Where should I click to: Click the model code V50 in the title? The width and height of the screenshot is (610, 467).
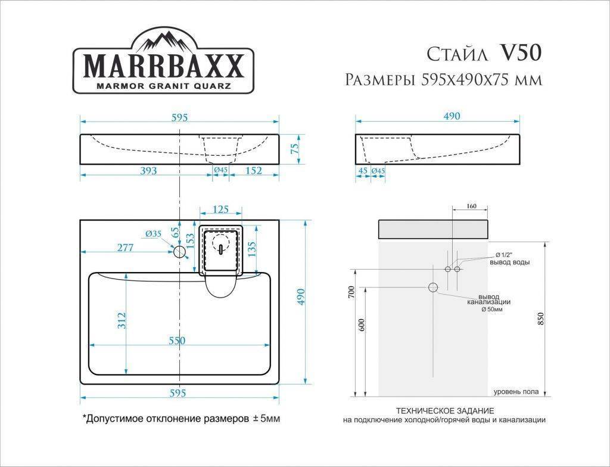pyautogui.click(x=521, y=54)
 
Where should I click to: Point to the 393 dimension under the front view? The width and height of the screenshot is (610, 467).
pyautogui.click(x=148, y=171)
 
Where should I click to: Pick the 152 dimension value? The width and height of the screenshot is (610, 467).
pyautogui.click(x=253, y=171)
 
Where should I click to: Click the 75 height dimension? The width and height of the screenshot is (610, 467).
pyautogui.click(x=294, y=149)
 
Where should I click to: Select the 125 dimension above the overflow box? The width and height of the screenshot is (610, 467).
pyautogui.click(x=220, y=209)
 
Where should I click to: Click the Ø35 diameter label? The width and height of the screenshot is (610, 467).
pyautogui.click(x=152, y=234)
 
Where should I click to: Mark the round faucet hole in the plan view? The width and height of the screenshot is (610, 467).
pyautogui.click(x=179, y=252)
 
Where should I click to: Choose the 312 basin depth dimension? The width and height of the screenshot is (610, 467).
pyautogui.click(x=120, y=321)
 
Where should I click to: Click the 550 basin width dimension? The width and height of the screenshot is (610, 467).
pyautogui.click(x=176, y=341)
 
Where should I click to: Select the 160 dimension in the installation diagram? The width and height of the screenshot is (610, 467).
pyautogui.click(x=471, y=206)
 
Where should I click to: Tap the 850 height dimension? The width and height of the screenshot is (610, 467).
pyautogui.click(x=540, y=319)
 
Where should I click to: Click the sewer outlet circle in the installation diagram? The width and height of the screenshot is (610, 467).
pyautogui.click(x=433, y=287)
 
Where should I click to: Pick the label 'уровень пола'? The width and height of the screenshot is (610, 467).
pyautogui.click(x=516, y=392)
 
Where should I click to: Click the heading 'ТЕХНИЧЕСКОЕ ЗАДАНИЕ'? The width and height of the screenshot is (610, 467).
pyautogui.click(x=444, y=411)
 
